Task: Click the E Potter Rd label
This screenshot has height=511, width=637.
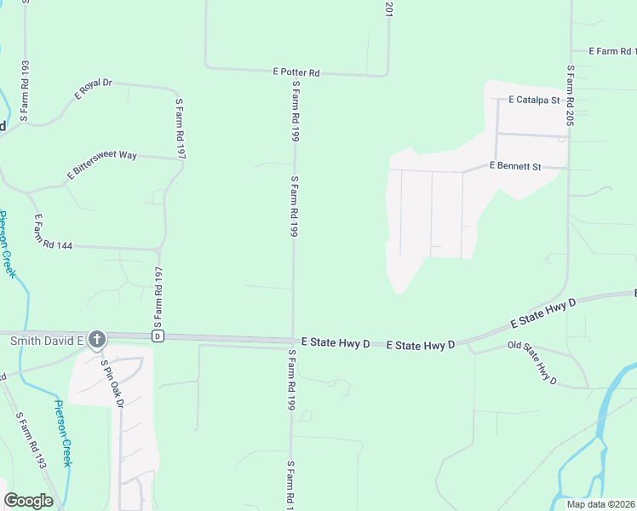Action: (296, 73)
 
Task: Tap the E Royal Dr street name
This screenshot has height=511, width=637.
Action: (94, 89)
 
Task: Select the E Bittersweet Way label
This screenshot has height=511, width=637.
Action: (102, 165)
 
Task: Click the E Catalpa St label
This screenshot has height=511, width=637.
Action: (533, 100)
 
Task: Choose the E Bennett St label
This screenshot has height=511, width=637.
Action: (515, 167)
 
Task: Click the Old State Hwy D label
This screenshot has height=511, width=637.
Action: (531, 362)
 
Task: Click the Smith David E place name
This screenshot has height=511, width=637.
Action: (46, 341)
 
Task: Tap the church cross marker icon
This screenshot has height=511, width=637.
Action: (97, 340)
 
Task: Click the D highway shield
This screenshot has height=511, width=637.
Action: (158, 336)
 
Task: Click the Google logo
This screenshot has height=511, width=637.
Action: (28, 501)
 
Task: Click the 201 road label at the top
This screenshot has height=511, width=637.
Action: (388, 10)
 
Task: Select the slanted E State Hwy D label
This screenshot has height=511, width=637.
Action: (543, 313)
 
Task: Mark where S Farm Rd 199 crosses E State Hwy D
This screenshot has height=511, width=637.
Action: (294, 339)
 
